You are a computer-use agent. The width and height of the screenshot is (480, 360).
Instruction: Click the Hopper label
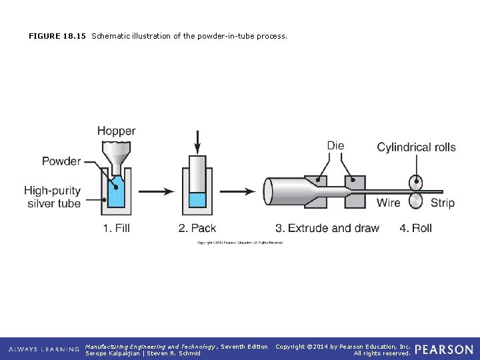[x=116, y=131]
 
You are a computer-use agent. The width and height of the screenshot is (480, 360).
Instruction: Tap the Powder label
[x=61, y=161]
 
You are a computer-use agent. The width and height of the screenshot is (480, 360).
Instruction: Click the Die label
[x=335, y=146]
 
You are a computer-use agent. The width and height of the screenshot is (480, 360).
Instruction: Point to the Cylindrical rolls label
[x=416, y=147]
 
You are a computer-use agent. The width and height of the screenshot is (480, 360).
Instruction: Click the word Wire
[x=389, y=203]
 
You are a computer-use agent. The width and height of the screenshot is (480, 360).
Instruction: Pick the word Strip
[x=442, y=203]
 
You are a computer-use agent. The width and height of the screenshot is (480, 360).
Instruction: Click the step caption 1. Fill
[x=116, y=228]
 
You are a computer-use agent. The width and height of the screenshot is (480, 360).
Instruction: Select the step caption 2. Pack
[x=197, y=228]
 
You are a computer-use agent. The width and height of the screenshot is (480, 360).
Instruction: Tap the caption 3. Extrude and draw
[x=327, y=228]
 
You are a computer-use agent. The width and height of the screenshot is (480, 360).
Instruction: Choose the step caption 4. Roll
[x=415, y=228]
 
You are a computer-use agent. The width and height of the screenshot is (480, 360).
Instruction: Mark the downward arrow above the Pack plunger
[x=197, y=140]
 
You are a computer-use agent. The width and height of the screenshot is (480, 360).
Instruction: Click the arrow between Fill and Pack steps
[x=157, y=191]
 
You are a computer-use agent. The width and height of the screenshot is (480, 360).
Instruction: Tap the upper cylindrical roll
[x=416, y=182]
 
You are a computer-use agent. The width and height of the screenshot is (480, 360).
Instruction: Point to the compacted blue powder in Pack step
[x=197, y=199]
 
